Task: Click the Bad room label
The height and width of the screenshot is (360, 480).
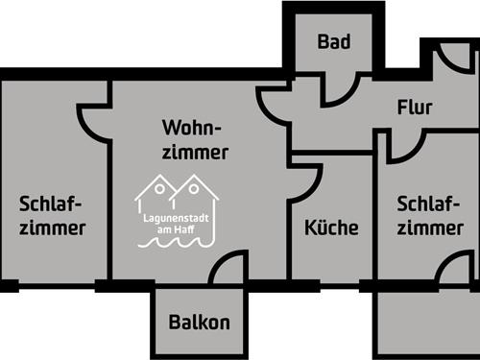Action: point(334,42)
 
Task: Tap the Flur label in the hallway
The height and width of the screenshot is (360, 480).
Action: point(415,108)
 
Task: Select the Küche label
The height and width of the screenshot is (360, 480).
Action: point(331,228)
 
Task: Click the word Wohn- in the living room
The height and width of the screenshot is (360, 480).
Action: point(192,129)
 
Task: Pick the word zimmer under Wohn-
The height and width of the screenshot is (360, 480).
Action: point(195,153)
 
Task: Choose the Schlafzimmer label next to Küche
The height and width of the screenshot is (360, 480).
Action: point(429,216)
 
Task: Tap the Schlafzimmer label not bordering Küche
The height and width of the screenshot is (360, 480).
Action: point(52,216)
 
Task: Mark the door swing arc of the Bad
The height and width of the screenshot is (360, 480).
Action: point(339,87)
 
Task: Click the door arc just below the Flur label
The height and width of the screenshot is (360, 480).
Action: point(408,146)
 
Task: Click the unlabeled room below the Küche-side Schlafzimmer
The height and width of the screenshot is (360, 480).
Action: point(427,322)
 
